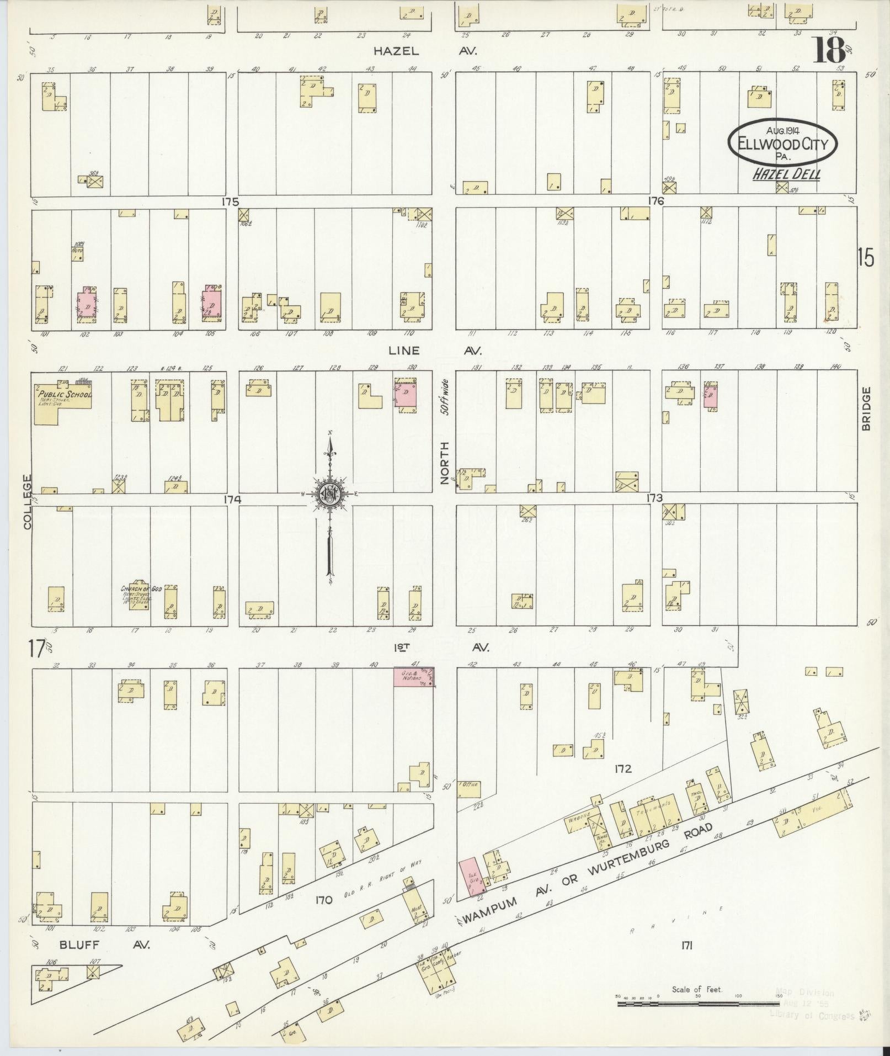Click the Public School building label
coord(64,395)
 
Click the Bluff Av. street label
coord(104,944)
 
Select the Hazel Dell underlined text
coord(787,175)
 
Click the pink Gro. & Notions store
coord(413,677)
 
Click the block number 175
coord(230,202)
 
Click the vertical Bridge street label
coord(866,408)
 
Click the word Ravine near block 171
coord(676,920)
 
